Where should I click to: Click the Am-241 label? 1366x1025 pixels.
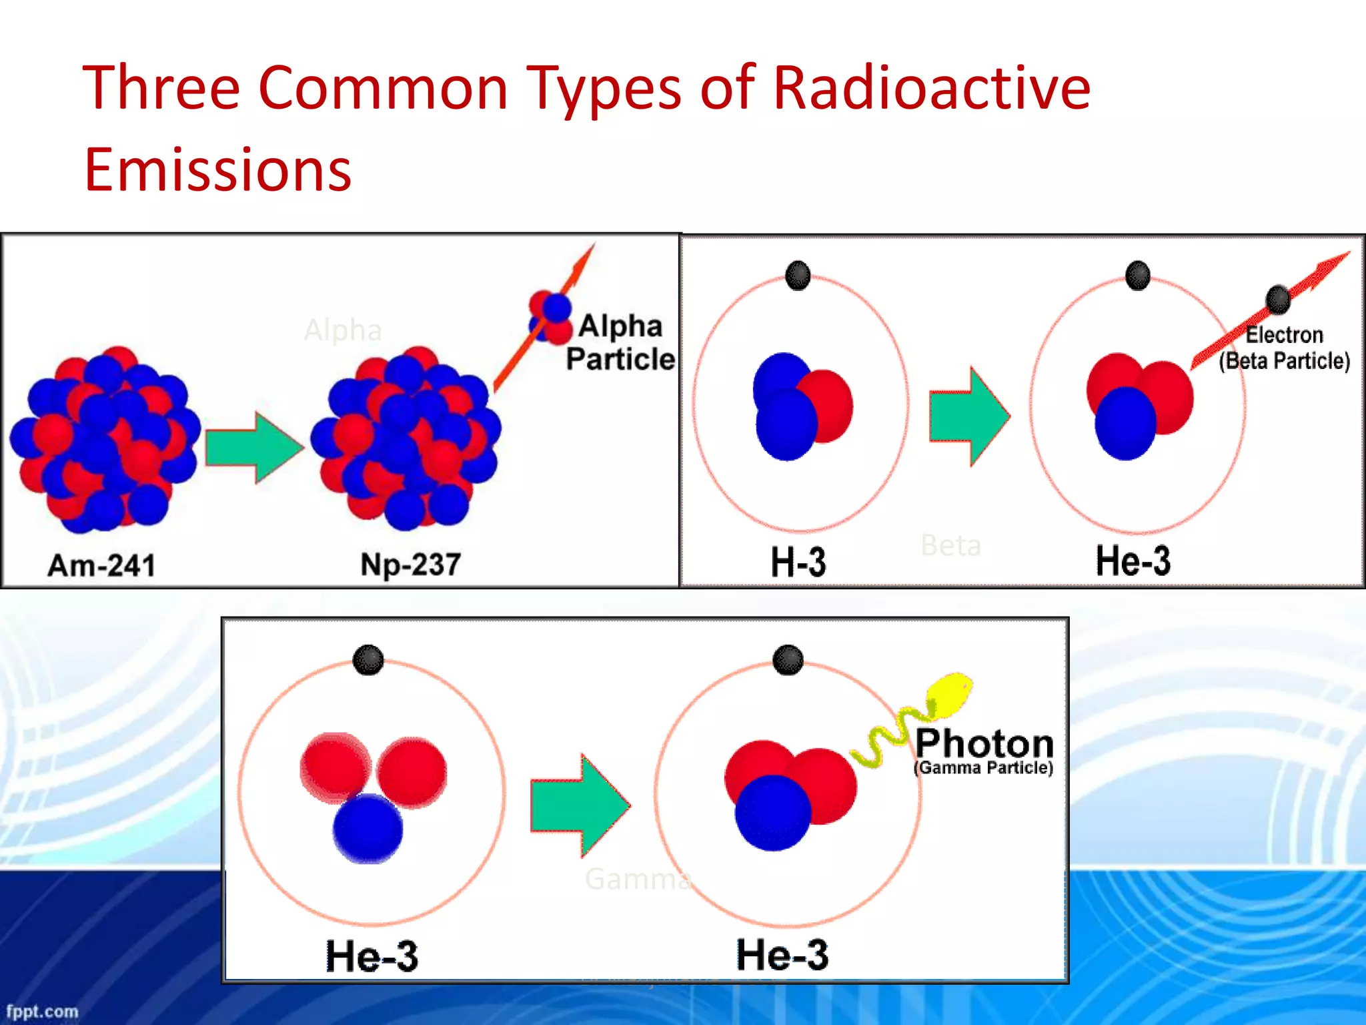point(101,565)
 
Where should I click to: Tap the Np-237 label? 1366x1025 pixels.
point(410,564)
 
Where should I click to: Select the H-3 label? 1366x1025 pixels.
point(798,562)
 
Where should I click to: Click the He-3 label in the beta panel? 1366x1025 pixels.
point(1133,560)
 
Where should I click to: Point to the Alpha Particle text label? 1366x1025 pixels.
point(620,342)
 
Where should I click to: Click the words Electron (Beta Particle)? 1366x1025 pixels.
point(1284,348)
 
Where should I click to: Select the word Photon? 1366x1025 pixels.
point(984,743)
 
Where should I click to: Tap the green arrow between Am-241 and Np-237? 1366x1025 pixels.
point(254,447)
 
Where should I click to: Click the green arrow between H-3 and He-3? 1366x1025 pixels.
point(969,416)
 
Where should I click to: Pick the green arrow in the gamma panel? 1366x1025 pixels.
point(580,805)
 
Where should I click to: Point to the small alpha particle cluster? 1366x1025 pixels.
point(551,317)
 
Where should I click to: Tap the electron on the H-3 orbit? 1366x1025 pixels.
point(798,276)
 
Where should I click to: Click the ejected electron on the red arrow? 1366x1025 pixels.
point(1278,299)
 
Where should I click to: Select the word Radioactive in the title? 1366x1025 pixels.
point(931,87)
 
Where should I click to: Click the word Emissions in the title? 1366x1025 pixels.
point(217,169)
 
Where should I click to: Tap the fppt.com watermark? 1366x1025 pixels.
point(42,1011)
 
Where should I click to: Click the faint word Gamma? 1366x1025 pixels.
point(637,879)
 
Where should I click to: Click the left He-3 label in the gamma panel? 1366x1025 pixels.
point(372,956)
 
